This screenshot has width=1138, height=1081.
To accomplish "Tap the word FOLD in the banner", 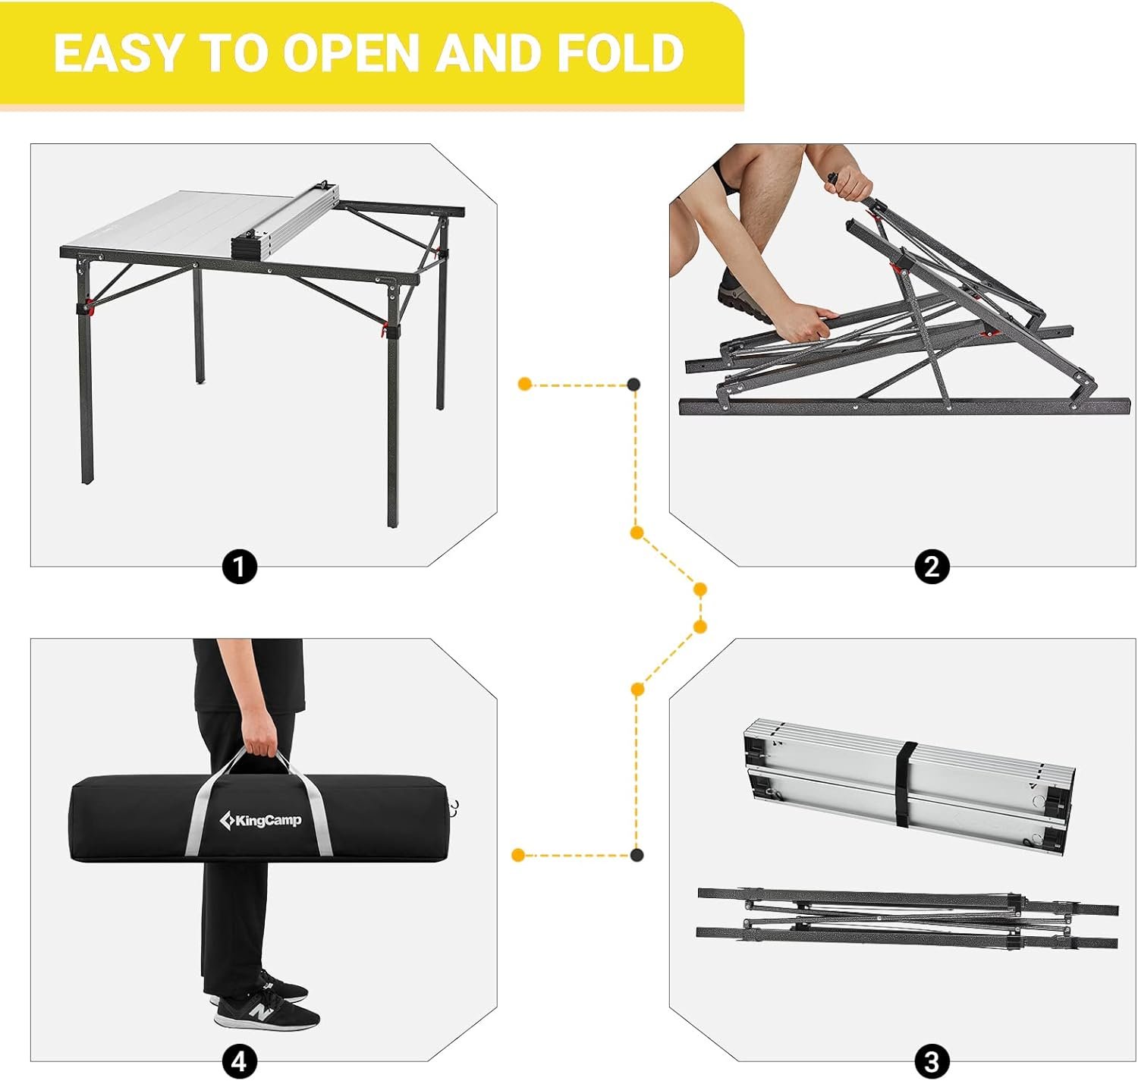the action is [621, 52].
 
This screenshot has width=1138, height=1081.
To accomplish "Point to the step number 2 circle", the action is [932, 566].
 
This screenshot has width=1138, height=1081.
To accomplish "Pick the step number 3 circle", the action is [932, 1062].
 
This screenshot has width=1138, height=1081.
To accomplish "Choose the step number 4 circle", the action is [239, 1062].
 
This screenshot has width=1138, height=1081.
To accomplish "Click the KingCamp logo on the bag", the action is [260, 821].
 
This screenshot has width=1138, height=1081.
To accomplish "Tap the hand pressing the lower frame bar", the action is [803, 322].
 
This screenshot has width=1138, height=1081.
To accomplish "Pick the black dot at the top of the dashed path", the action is [633, 384].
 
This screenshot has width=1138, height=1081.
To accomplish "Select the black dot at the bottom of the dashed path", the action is [637, 855].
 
